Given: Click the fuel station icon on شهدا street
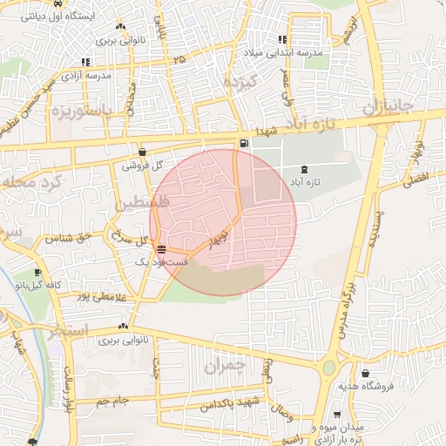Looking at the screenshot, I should (x=241, y=143).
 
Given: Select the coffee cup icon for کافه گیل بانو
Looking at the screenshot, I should (x=37, y=272).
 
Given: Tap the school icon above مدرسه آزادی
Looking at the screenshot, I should (x=85, y=62).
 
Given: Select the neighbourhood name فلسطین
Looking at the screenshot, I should (x=137, y=205).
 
